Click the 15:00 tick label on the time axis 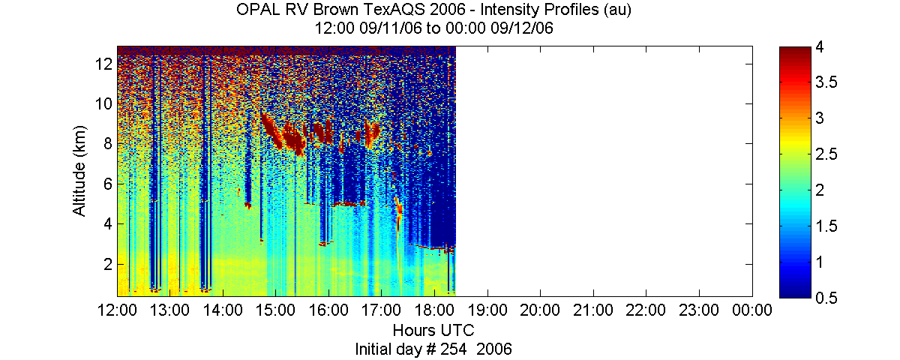coord(276,310)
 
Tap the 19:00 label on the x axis coord(487,310)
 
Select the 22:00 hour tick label coord(646,310)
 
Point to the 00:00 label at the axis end coord(752,310)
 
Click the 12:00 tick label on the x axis coord(117,310)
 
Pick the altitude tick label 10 coord(103,104)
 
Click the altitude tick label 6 coord(108,184)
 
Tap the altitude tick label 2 coord(108,264)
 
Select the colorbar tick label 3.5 coord(826,82)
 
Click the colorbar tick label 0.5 coord(826,298)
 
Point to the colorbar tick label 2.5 coord(826,154)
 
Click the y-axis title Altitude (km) coord(79,171)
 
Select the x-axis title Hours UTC coord(433,330)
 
